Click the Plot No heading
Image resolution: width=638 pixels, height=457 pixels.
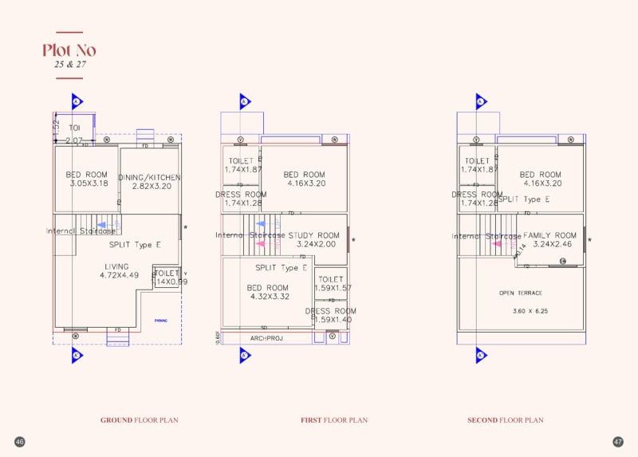[x=69, y=51]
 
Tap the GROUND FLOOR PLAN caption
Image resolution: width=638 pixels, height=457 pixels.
[x=139, y=420]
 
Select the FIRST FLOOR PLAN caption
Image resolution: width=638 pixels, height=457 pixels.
[x=334, y=420]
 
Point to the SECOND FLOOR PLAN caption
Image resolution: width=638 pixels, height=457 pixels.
[x=505, y=420]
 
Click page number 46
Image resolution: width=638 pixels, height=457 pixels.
[x=20, y=442]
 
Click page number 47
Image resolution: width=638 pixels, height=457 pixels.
[x=618, y=442]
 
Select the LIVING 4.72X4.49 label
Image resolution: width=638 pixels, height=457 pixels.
[x=120, y=271]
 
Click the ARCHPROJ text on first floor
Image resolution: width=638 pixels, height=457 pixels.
[x=266, y=338]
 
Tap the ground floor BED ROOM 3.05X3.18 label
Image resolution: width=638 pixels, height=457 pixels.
[x=87, y=179]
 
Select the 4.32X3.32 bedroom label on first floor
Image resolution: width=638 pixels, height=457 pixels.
[x=268, y=297]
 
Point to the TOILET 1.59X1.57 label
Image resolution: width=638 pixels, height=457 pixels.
[x=330, y=284]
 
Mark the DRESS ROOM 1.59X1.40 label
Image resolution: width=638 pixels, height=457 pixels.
[x=330, y=315]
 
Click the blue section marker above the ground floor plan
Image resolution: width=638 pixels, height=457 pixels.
[x=77, y=102]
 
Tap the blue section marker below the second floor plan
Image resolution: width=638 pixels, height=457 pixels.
[x=481, y=356]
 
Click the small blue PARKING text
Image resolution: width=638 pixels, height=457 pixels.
[x=161, y=320]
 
